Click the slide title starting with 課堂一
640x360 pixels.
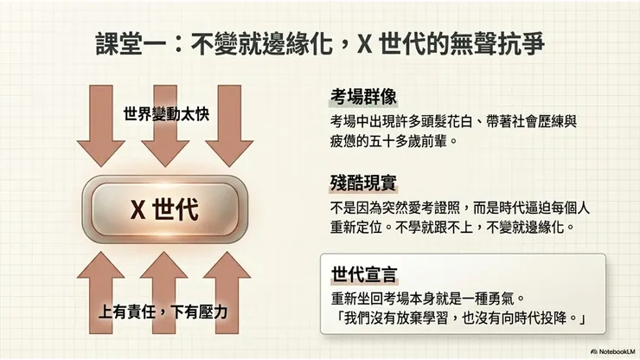point(319,43)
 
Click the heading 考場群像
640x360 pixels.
point(363,95)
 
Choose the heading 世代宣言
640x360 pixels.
point(363,275)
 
